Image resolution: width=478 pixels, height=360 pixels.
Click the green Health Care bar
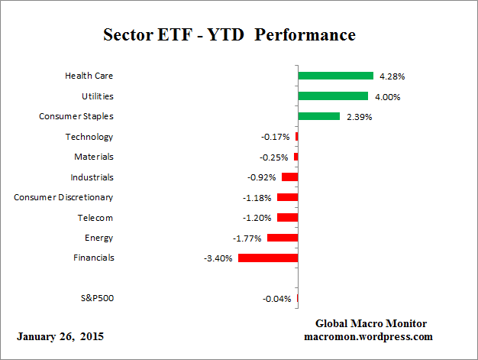[335, 76]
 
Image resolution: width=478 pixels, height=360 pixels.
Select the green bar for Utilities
[333, 96]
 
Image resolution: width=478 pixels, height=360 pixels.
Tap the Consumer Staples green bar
[318, 116]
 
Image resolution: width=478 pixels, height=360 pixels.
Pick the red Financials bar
[267, 258]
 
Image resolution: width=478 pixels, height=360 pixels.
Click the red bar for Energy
[282, 238]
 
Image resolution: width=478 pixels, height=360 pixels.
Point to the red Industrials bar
[289, 177]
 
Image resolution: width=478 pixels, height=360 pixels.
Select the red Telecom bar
[287, 217]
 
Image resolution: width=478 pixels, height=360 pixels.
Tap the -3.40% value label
[218, 258]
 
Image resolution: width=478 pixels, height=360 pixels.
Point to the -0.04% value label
[276, 299]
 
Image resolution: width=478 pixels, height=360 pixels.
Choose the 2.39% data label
[358, 117]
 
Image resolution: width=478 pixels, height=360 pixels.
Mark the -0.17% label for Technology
[276, 137]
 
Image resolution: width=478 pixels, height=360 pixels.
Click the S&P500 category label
[97, 298]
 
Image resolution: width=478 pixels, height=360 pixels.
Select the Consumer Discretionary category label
[63, 197]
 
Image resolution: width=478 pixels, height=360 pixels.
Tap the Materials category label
[94, 157]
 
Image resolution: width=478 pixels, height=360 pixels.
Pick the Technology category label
[89, 137]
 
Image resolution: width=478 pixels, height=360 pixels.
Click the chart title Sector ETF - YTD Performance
[229, 35]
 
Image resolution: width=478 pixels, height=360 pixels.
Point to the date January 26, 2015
[60, 336]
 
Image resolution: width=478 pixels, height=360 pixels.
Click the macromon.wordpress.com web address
[369, 336]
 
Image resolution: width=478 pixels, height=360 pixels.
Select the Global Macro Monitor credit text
[370, 323]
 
